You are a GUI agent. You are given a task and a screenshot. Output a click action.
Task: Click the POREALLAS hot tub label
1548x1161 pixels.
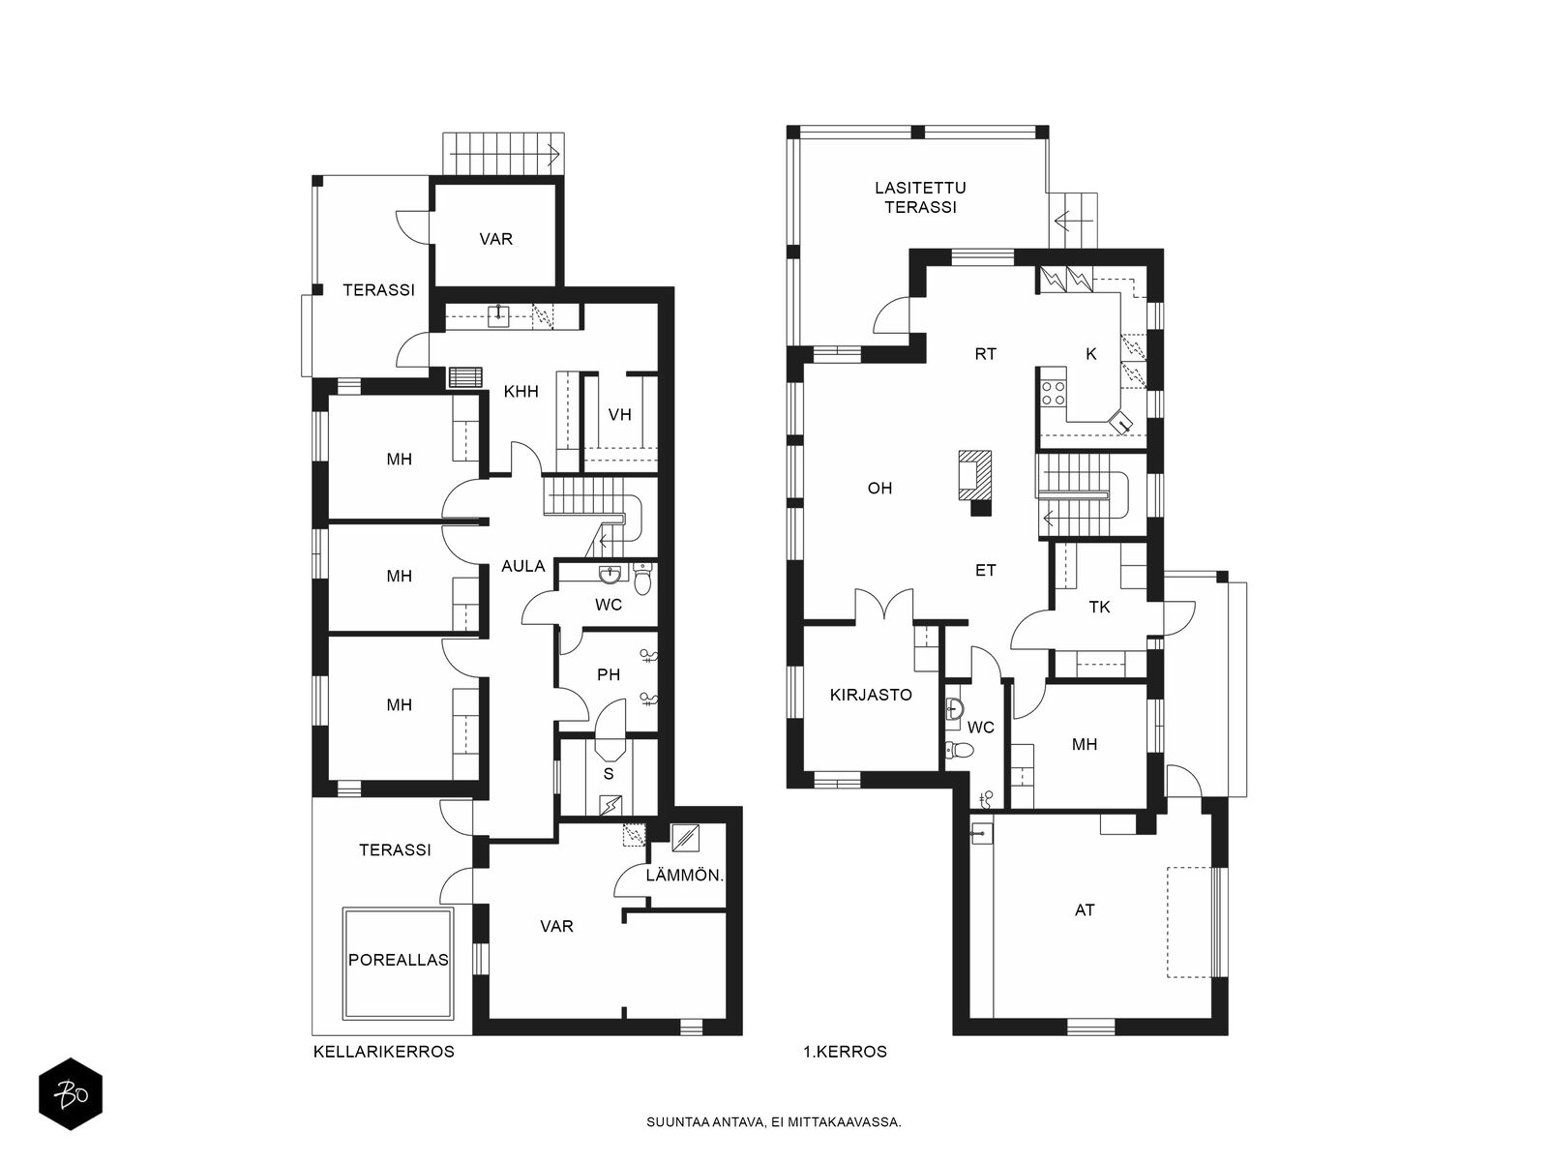click(399, 960)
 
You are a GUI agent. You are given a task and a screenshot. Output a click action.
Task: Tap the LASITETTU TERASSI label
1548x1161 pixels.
click(920, 197)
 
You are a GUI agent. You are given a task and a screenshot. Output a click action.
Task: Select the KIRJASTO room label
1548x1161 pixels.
click(871, 695)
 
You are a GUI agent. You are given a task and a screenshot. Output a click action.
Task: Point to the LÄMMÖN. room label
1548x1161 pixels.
click(685, 877)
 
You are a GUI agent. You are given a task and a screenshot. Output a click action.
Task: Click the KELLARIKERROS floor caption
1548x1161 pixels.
click(384, 1053)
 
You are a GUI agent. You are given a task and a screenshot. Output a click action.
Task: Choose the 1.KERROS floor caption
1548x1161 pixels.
click(845, 1053)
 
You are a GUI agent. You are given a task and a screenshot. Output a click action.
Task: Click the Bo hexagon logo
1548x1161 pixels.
click(71, 1095)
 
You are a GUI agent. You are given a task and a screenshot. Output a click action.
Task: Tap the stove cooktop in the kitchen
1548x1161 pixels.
click(1054, 393)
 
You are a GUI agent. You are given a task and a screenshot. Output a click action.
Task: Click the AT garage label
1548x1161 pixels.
click(1085, 910)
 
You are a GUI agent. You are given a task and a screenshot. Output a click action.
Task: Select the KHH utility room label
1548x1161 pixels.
click(521, 392)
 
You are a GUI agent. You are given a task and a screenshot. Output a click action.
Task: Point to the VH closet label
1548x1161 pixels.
click(620, 414)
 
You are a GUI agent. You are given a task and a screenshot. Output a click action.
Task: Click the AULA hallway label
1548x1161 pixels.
click(523, 566)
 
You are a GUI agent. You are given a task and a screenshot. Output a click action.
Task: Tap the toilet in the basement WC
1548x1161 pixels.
click(643, 580)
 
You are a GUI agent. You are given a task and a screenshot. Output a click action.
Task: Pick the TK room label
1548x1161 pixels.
click(1099, 607)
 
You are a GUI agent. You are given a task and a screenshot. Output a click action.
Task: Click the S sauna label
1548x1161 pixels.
click(609, 774)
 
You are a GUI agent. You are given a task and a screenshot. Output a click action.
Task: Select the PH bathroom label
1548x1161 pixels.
click(609, 674)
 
